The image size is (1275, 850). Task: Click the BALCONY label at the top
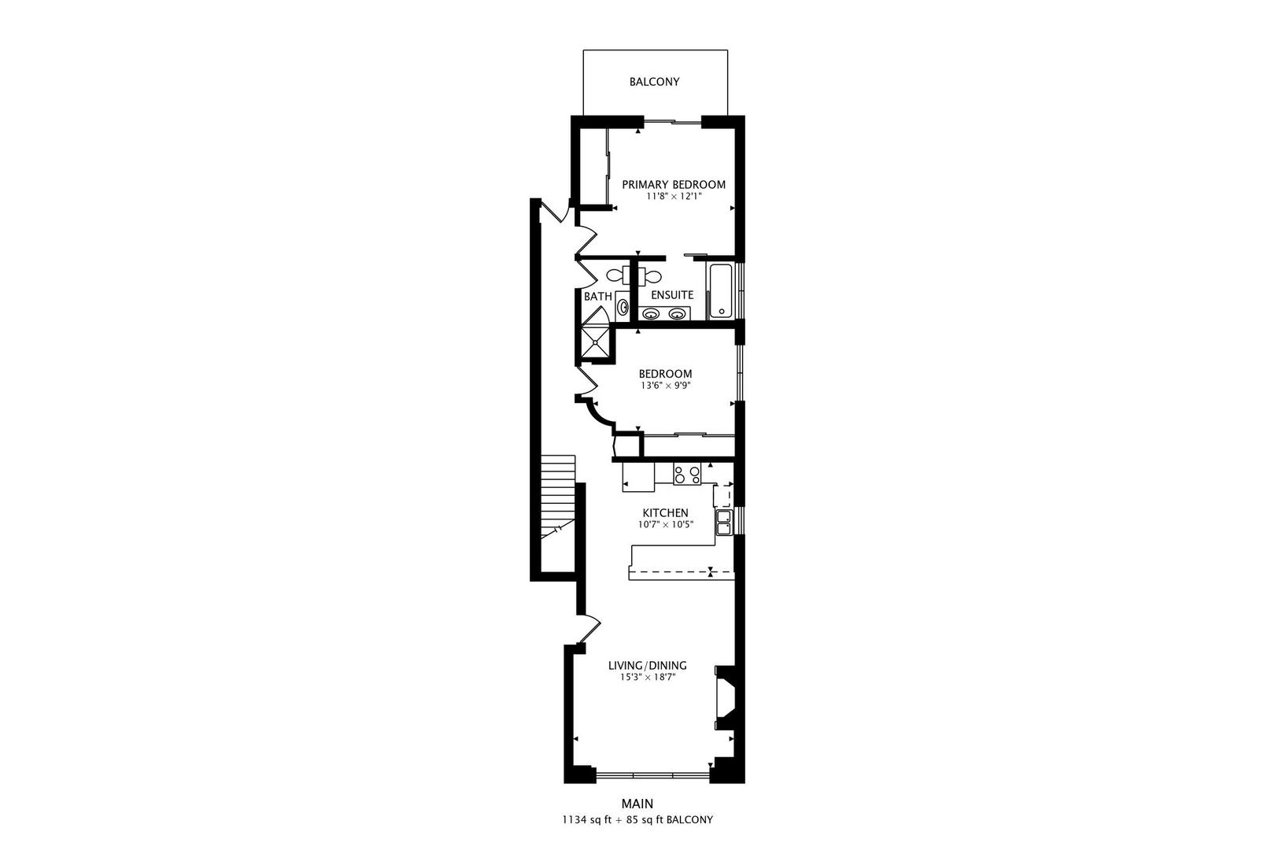(654, 82)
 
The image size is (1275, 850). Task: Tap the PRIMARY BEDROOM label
(674, 185)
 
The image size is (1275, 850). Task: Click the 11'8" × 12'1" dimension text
(674, 197)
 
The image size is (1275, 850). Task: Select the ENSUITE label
(672, 295)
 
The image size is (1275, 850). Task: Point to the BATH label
(598, 297)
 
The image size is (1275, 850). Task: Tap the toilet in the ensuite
(650, 276)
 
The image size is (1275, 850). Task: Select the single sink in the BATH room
(623, 307)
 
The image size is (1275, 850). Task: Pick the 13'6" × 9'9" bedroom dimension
(665, 386)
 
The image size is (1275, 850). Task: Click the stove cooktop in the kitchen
(687, 475)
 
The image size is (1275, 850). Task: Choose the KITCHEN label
(666, 513)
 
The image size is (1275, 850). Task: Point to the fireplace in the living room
(725, 697)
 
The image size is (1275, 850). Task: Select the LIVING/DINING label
(648, 665)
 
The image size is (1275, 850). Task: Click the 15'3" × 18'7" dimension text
(648, 677)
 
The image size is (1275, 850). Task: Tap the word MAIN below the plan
(637, 804)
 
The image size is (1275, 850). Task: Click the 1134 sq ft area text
(588, 820)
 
